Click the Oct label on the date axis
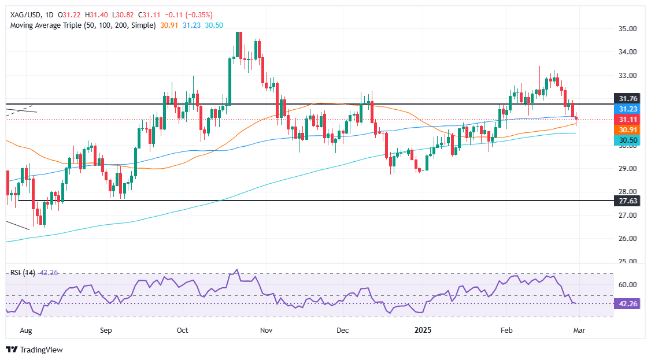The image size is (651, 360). [183, 331]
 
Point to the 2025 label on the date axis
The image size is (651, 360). [424, 331]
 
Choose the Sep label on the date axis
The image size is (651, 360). [105, 331]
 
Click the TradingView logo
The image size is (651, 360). [34, 350]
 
